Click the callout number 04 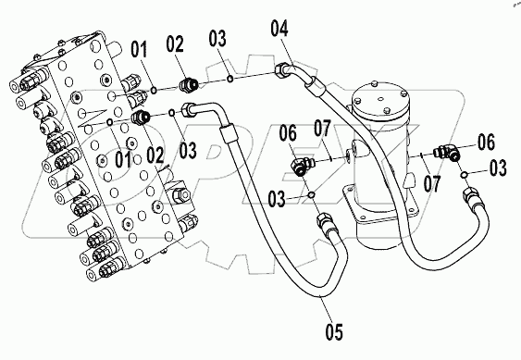[x=279, y=28]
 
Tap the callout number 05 [x=333, y=331]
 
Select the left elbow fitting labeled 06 [x=301, y=166]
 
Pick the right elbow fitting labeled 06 [x=447, y=152]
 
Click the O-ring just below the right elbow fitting [x=465, y=175]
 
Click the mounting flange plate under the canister [x=382, y=206]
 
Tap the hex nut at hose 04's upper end [x=280, y=69]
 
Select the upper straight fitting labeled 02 [x=188, y=85]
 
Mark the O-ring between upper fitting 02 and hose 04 [x=229, y=79]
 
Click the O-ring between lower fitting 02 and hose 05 [x=172, y=113]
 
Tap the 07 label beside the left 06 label [x=322, y=130]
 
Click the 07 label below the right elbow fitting [x=432, y=184]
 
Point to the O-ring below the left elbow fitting [x=312, y=194]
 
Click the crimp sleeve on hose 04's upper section [x=315, y=86]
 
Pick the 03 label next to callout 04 [x=217, y=39]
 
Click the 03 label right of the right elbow [x=498, y=168]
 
